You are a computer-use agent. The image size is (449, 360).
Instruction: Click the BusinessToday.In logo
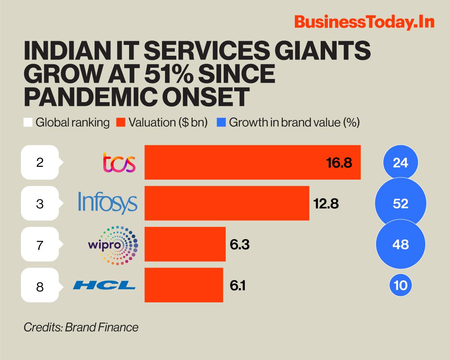364,22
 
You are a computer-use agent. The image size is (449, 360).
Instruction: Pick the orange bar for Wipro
185,244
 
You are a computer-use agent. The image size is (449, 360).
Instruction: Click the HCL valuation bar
184,285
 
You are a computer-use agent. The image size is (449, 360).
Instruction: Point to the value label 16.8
339,163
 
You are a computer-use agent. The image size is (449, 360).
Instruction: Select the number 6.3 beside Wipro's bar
239,245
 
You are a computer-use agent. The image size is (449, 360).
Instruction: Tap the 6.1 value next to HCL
238,286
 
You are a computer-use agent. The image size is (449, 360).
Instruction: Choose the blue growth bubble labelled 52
401,204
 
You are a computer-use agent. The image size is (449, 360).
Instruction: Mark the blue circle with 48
401,244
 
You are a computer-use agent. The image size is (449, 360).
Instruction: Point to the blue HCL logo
104,286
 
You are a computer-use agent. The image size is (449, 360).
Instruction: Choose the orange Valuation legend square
120,123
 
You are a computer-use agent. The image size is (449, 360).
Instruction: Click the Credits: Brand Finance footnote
81,327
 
